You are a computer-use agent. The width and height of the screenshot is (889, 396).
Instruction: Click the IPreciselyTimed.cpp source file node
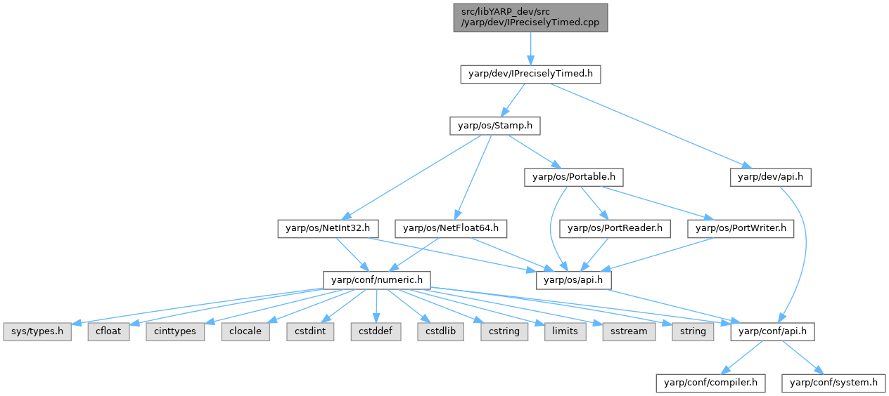(x=530, y=17)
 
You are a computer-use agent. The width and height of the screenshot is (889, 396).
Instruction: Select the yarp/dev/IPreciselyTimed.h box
(x=530, y=74)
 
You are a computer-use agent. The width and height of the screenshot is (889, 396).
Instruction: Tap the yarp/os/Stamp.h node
(x=490, y=126)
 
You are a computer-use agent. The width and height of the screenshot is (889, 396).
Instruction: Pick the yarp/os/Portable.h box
(x=574, y=177)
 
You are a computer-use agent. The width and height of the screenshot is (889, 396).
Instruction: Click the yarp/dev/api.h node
(x=771, y=177)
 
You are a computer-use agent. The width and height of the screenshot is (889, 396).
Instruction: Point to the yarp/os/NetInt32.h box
(x=328, y=228)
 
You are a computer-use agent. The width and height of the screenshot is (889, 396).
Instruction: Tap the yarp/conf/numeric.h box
(x=377, y=279)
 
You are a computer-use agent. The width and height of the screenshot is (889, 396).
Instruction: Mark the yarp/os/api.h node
(x=574, y=279)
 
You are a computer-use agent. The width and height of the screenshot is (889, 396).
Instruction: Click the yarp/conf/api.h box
(x=773, y=331)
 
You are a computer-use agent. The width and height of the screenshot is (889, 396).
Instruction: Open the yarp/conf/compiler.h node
(x=710, y=383)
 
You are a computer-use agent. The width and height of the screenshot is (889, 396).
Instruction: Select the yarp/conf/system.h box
(x=834, y=383)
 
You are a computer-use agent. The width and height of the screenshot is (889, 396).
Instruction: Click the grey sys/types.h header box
(x=37, y=331)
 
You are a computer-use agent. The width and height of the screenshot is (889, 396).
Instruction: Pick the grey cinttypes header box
(x=175, y=331)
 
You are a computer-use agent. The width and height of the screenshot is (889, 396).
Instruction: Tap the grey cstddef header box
(x=376, y=331)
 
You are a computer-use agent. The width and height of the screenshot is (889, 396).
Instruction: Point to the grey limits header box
(x=565, y=331)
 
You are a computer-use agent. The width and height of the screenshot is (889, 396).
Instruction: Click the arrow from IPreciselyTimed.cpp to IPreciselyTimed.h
(x=530, y=48)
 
